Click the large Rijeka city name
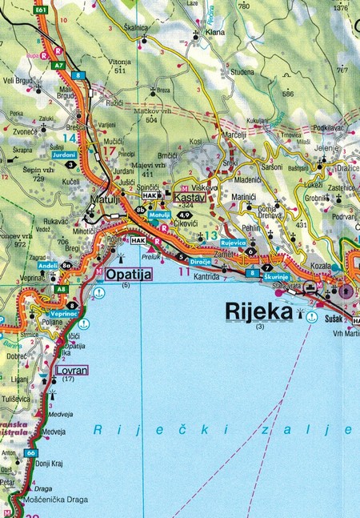coord(259,310)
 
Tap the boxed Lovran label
coord(71,370)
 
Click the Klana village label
coord(215,33)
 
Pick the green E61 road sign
coord(42,10)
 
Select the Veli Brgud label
coord(17,80)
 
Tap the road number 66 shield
coord(30,453)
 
